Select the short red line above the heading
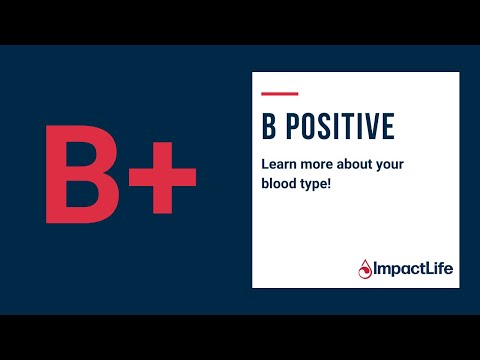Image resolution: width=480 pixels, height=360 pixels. (279, 94)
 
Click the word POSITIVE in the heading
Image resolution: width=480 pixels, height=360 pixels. (340, 126)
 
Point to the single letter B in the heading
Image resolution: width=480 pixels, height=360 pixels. (267, 126)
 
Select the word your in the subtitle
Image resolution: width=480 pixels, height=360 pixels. (393, 162)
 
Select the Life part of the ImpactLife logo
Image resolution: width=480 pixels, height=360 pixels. (432, 267)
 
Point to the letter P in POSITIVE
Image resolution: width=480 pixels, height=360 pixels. (291, 126)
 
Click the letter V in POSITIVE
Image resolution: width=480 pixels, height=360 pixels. (371, 126)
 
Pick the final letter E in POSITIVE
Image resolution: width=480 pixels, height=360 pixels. (388, 126)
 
